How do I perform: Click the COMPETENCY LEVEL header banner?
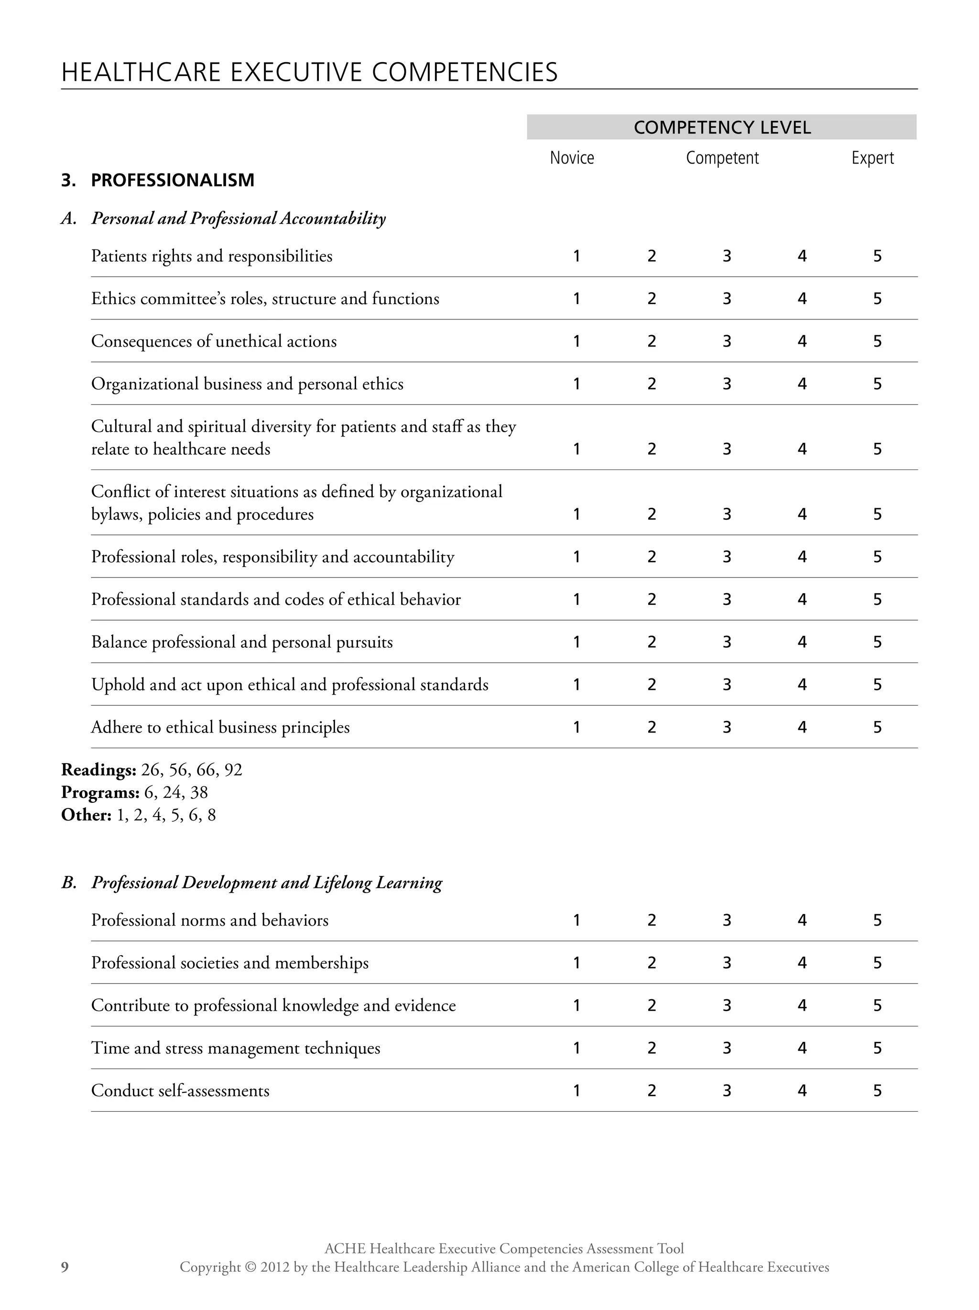pos(721,127)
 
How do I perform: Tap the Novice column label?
pos(572,158)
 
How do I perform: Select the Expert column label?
pos(872,158)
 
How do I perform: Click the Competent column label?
pos(721,158)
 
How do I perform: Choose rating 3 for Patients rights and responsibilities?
pos(727,256)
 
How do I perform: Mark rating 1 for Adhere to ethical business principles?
pos(577,727)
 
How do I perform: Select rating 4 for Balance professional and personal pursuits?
pos(802,642)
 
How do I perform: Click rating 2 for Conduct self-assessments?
pos(652,1091)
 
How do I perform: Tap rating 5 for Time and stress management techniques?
pos(877,1048)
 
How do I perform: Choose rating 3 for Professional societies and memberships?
pos(727,963)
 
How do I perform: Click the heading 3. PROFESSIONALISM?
pos(158,180)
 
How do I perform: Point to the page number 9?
pos(65,1267)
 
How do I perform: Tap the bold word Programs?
pos(100,792)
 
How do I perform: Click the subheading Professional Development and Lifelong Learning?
pos(267,883)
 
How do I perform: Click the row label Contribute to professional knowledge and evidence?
pos(273,1005)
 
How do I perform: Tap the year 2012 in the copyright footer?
pos(276,1267)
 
